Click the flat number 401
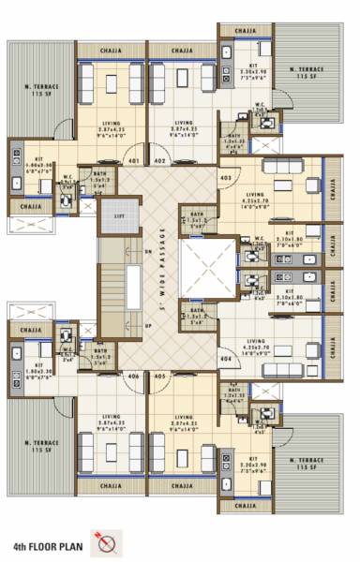tap(134, 161)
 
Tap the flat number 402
tap(159, 161)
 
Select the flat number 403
tap(226, 177)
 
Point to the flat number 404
tap(226, 359)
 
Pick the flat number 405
tap(159, 376)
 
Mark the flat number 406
tap(134, 376)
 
